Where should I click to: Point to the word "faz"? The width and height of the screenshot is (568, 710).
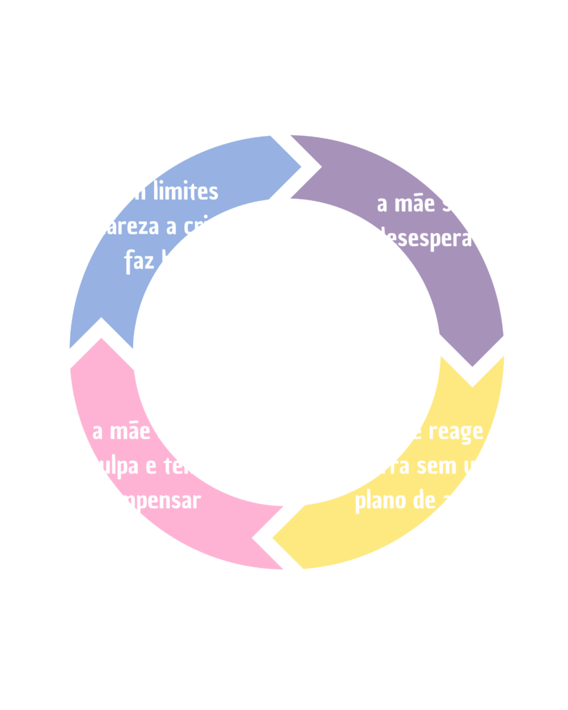pos(139,262)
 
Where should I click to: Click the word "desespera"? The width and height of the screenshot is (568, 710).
pos(423,239)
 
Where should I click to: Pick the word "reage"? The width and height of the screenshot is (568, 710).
pos(456,431)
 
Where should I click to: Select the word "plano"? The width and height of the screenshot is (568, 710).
pos(379,501)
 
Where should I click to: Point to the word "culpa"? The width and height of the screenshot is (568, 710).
pos(113,466)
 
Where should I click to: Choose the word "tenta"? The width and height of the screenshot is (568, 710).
pos(188,466)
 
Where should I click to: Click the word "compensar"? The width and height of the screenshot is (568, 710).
pos(148,501)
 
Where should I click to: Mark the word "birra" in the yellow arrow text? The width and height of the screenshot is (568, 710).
pos(387,466)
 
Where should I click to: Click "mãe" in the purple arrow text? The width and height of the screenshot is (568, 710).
pos(415,205)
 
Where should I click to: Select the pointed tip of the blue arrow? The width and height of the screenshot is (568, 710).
pos(302,166)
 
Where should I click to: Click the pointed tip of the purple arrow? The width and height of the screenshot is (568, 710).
pos(472,367)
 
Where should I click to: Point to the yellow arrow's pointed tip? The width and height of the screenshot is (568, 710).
pos(273,537)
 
